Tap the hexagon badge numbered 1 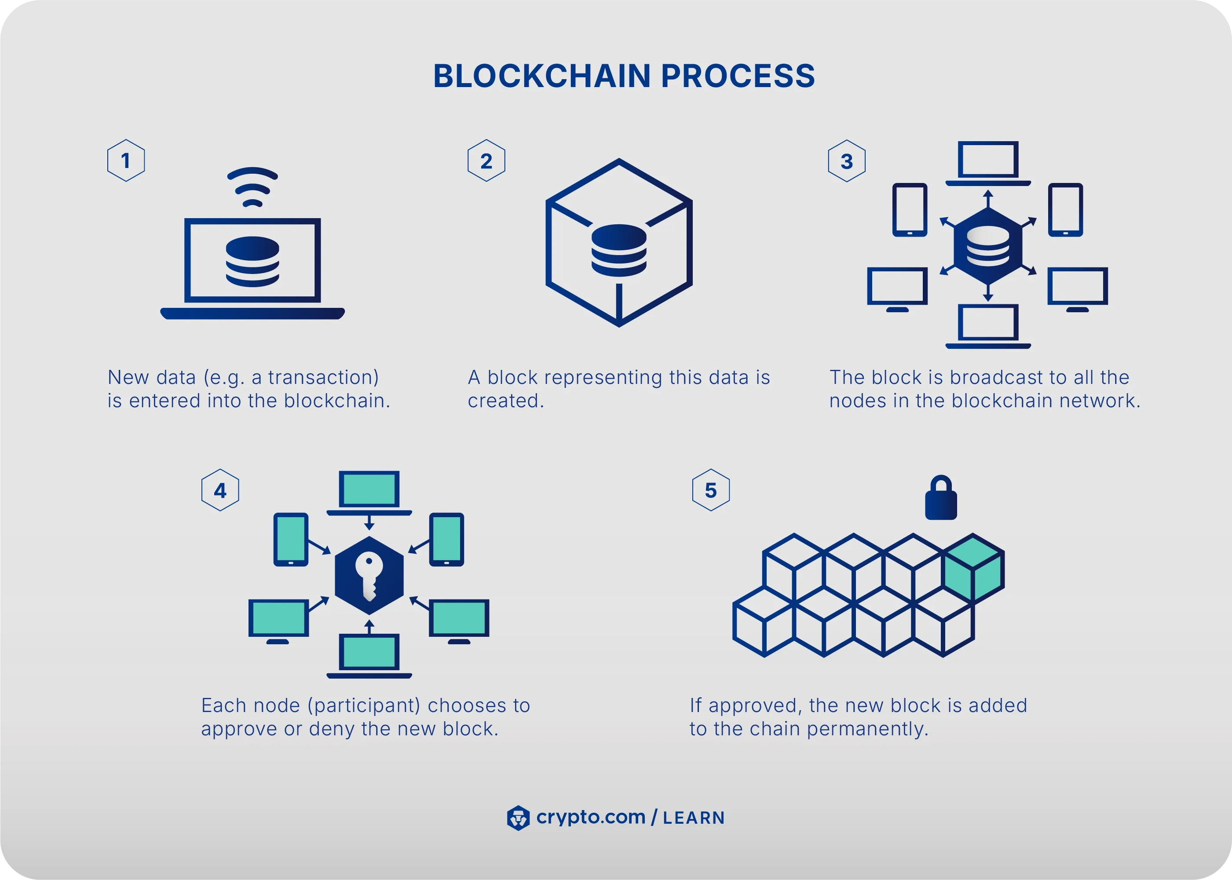[x=126, y=161]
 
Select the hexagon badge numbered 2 [x=486, y=161]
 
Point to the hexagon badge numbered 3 [x=847, y=161]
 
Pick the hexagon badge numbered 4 [x=220, y=490]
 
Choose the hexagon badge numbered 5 [x=711, y=490]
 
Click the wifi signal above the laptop [x=252, y=187]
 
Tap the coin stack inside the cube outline [x=619, y=250]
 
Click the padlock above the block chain [x=940, y=499]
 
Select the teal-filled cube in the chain [x=973, y=569]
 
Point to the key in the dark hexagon [x=369, y=576]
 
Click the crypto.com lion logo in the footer [x=518, y=818]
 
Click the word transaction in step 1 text [x=323, y=377]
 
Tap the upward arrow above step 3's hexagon [x=988, y=198]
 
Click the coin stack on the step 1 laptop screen [x=252, y=261]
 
